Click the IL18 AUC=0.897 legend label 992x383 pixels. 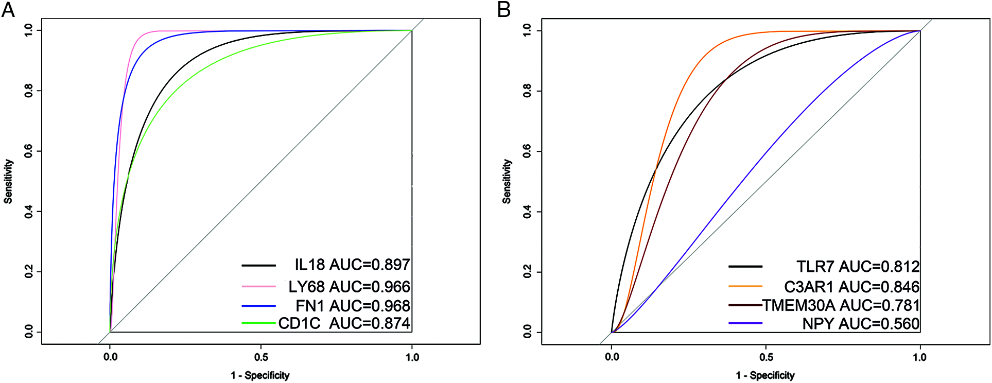[x=352, y=265]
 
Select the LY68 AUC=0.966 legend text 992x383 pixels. [x=349, y=287]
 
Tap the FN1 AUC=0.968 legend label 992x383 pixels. [x=353, y=306]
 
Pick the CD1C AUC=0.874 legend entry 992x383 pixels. [x=344, y=323]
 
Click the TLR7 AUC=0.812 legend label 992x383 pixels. [x=858, y=267]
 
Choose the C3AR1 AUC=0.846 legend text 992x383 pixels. [x=851, y=287]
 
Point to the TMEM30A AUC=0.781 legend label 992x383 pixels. [x=841, y=305]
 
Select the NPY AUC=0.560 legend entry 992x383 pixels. [x=861, y=324]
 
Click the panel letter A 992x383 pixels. [x=8, y=9]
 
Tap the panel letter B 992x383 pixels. [x=504, y=9]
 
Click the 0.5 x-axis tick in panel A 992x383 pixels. [x=261, y=357]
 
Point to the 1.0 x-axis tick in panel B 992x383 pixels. [x=919, y=357]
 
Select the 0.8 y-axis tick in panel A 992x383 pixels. [x=29, y=91]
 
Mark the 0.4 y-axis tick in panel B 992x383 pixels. [x=527, y=212]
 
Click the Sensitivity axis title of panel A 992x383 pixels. [x=8, y=181]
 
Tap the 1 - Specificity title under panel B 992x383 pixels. [x=765, y=375]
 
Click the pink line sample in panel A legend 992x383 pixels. [x=258, y=286]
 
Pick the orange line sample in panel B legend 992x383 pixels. [x=745, y=286]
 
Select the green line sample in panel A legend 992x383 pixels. [x=258, y=323]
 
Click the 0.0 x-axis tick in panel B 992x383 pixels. [x=612, y=357]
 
